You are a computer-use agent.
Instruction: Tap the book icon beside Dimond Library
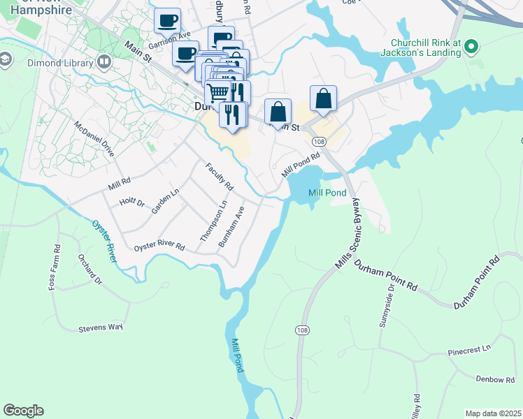pos(104,63)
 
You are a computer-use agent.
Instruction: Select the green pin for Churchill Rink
pos(471,47)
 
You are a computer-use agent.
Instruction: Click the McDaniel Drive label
pos(94,138)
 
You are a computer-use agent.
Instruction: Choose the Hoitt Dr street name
pos(132,203)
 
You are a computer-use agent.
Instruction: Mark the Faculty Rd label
pos(219,177)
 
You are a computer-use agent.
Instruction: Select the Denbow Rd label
pos(495,379)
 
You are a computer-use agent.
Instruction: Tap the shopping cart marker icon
pos(217,91)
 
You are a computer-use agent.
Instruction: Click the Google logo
pos(23,411)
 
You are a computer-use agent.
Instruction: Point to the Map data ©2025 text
pos(492,413)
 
